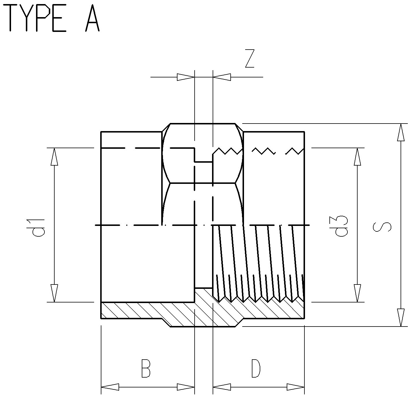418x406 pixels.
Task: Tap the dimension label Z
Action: click(x=250, y=59)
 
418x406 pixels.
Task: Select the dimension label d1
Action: click(x=38, y=227)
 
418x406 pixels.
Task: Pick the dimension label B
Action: click(x=146, y=368)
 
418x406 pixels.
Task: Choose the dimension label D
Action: click(x=256, y=368)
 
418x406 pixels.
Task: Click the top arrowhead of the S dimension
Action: click(x=401, y=132)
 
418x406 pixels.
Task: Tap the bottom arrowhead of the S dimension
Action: click(x=401, y=318)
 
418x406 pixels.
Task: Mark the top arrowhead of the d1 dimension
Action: click(x=54, y=157)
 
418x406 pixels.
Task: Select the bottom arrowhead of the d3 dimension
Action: click(x=357, y=293)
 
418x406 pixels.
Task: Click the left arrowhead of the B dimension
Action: click(x=110, y=387)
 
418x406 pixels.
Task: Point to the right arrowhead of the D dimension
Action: click(x=296, y=387)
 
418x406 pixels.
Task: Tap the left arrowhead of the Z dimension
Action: click(x=186, y=77)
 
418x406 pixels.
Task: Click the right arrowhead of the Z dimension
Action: click(x=222, y=77)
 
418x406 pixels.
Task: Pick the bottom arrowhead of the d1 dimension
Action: click(x=54, y=293)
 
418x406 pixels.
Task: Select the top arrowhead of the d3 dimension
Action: click(x=357, y=157)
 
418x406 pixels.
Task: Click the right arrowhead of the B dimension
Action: click(x=186, y=387)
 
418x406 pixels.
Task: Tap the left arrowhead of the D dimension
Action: click(x=222, y=387)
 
